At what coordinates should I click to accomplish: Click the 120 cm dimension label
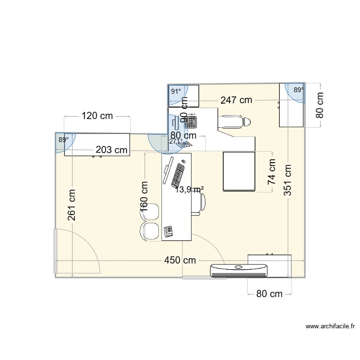(x=97, y=116)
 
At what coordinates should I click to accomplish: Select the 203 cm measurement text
(x=111, y=150)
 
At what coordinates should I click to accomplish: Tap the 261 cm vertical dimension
(x=72, y=205)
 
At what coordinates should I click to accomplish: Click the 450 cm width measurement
(x=180, y=260)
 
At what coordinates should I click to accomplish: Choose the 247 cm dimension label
(x=236, y=100)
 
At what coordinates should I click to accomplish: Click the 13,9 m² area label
(x=190, y=190)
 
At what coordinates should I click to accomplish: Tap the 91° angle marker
(x=176, y=91)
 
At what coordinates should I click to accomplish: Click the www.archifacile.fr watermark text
(x=330, y=326)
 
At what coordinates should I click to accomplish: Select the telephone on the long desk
(x=168, y=231)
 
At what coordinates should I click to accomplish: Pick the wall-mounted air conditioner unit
(x=239, y=270)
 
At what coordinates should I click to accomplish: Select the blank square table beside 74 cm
(x=239, y=171)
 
